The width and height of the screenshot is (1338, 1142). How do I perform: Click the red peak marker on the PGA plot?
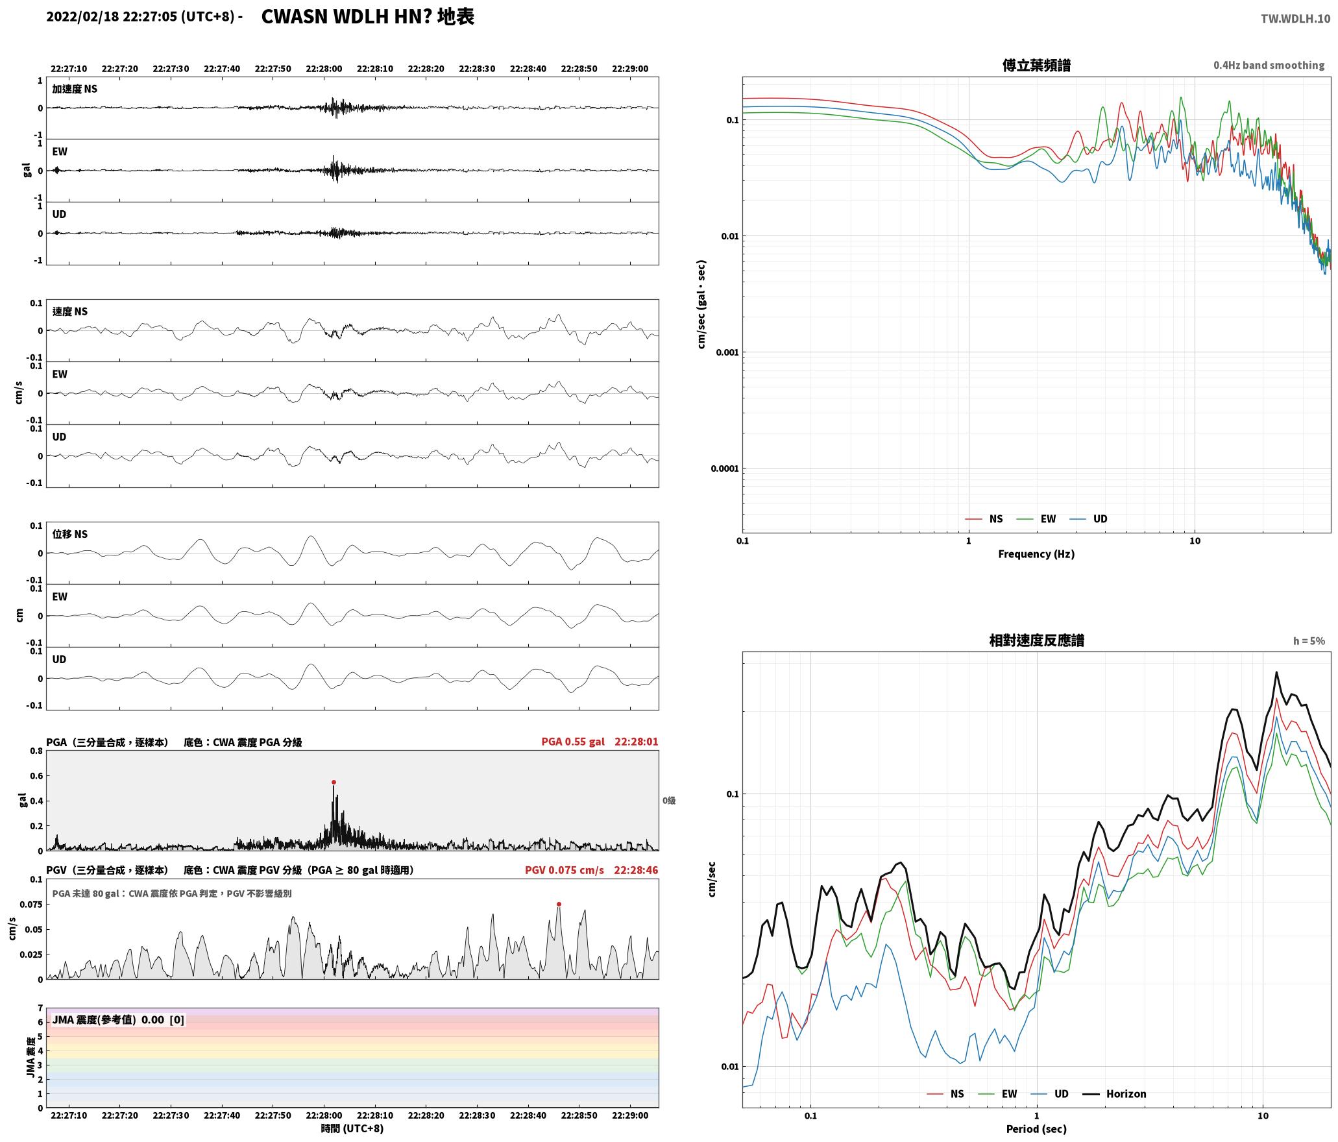pyautogui.click(x=334, y=782)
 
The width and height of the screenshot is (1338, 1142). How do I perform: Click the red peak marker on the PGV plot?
pyautogui.click(x=559, y=904)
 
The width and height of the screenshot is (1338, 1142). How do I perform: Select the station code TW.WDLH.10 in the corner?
pyautogui.click(x=1295, y=19)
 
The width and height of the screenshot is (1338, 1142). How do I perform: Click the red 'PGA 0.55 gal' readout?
pyautogui.click(x=573, y=742)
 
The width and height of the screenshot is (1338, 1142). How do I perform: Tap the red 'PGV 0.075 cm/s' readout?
pyautogui.click(x=565, y=870)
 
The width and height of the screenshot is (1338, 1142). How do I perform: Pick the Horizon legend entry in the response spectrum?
pyautogui.click(x=1115, y=1094)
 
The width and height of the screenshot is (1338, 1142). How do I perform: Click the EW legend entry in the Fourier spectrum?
pyautogui.click(x=1036, y=519)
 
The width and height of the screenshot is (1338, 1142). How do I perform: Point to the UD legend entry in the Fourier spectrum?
pyautogui.click(x=1088, y=519)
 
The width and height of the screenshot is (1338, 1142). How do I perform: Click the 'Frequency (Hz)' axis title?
pyautogui.click(x=1036, y=554)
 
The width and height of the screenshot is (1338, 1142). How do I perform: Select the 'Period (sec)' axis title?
pyautogui.click(x=1036, y=1129)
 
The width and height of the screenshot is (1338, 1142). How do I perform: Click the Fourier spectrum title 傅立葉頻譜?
pyautogui.click(x=1036, y=66)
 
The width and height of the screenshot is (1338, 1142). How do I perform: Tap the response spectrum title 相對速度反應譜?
pyautogui.click(x=1036, y=640)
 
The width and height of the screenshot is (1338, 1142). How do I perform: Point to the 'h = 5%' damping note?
pyautogui.click(x=1309, y=641)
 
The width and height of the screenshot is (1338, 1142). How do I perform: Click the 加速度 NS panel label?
pyautogui.click(x=75, y=89)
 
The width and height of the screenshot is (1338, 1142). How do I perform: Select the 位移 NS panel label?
pyautogui.click(x=70, y=534)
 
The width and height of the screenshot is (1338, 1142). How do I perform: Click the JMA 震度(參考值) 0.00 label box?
pyautogui.click(x=118, y=1020)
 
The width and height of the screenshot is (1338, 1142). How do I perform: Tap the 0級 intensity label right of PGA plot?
pyautogui.click(x=669, y=801)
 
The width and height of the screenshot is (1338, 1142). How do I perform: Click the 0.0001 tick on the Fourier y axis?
pyautogui.click(x=725, y=468)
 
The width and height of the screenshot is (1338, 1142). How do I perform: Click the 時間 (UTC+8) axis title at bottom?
pyautogui.click(x=352, y=1129)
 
